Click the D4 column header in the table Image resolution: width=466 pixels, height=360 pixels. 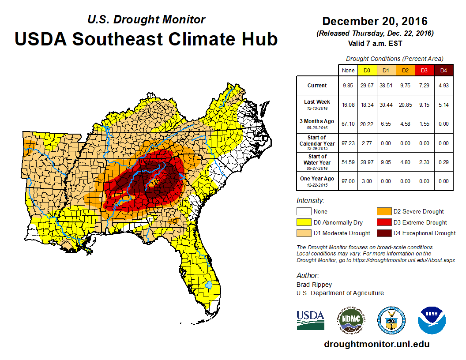pyautogui.click(x=443, y=71)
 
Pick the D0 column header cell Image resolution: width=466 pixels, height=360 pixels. pyautogui.click(x=366, y=71)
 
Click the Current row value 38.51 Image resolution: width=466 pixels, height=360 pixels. pyautogui.click(x=386, y=86)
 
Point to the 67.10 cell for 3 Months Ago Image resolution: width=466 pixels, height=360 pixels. pyautogui.click(x=348, y=124)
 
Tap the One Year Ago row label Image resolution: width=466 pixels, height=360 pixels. pyautogui.click(x=317, y=179)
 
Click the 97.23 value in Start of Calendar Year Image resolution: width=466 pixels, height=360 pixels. pyautogui.click(x=348, y=143)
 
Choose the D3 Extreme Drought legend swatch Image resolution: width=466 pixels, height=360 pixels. pyautogui.click(x=383, y=222)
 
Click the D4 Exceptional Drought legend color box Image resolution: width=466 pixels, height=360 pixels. pyautogui.click(x=383, y=233)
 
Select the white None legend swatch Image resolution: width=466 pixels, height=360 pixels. pyautogui.click(x=304, y=212)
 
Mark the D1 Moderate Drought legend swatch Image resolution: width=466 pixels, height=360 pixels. pyautogui.click(x=304, y=233)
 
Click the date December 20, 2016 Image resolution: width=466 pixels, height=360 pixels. pyautogui.click(x=375, y=21)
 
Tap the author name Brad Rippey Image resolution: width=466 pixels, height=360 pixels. pyautogui.click(x=314, y=285)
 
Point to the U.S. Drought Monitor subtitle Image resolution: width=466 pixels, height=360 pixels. pyautogui.click(x=146, y=20)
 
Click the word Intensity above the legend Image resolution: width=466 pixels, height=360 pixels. pyautogui.click(x=310, y=201)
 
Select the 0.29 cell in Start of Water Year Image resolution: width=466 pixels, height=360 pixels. pyautogui.click(x=443, y=162)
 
